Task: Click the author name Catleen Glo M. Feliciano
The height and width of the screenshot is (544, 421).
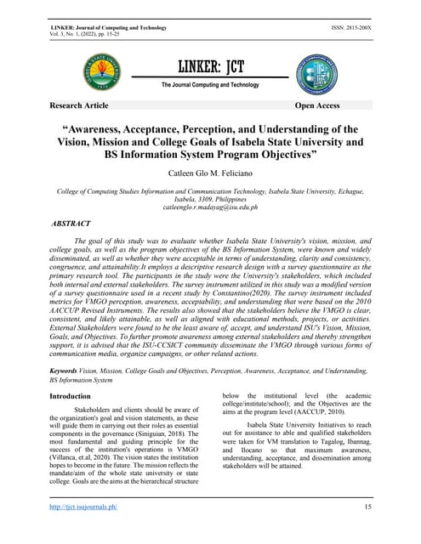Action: (x=210, y=173)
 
